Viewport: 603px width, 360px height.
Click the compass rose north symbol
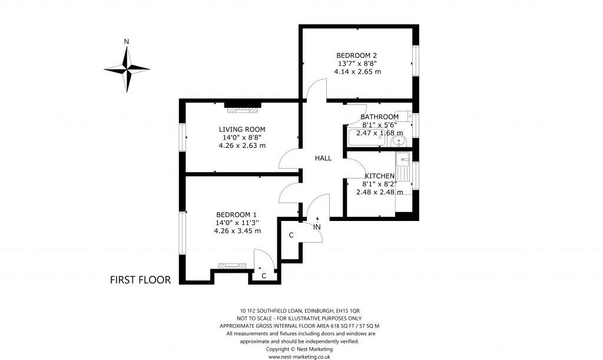coord(127,69)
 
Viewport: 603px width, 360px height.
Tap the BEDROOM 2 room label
coord(356,55)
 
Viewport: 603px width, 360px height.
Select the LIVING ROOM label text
coord(242,129)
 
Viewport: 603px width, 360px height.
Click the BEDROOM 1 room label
coord(237,214)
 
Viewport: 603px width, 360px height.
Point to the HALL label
coord(323,158)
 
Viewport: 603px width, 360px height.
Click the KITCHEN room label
coord(379,176)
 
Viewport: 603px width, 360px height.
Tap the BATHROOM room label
coord(379,117)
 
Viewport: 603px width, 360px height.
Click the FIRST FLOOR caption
coord(140,280)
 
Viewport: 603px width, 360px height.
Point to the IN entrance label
coord(317,227)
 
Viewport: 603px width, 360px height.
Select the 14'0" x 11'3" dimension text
coord(237,223)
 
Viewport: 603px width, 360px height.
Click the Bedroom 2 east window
coord(415,61)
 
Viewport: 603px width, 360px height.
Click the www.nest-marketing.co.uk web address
coord(299,356)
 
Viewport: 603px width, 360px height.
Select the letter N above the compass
coord(127,41)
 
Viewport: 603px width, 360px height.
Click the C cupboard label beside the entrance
coord(291,236)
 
